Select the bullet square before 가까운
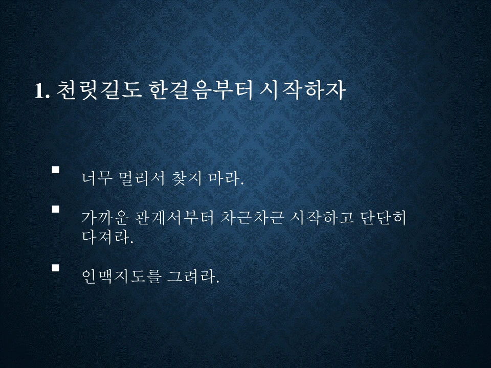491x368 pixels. tap(56, 209)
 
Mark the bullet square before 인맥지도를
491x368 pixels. tap(56, 267)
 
